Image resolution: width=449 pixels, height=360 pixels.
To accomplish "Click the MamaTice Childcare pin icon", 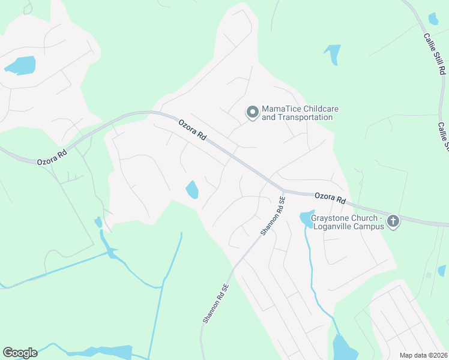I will click(253, 112).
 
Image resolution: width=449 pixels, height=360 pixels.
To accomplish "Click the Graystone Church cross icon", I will click(393, 221).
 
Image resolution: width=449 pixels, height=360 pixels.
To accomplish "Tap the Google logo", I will click(20, 353).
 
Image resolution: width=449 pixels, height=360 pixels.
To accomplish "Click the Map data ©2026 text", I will click(423, 355).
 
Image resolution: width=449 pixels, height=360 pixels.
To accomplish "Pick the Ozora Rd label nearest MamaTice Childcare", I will click(193, 129).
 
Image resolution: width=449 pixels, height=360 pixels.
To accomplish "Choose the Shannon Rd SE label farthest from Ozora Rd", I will click(215, 303).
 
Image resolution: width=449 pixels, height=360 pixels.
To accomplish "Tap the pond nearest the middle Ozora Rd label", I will click(192, 190).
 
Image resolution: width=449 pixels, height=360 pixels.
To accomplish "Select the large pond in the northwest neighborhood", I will click(21, 64).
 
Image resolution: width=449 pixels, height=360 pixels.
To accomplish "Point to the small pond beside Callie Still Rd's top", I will click(433, 19).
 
